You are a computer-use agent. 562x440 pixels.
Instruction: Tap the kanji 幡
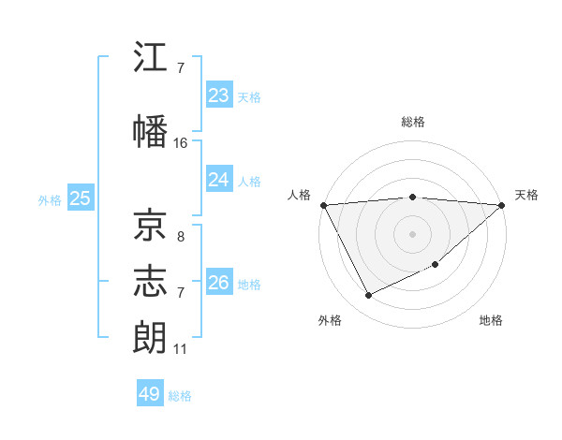click(x=150, y=131)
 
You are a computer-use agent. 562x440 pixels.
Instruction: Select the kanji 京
click(x=150, y=225)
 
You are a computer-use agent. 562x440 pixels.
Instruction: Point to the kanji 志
click(x=150, y=281)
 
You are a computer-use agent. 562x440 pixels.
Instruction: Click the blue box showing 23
click(x=219, y=95)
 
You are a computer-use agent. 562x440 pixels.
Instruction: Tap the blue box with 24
click(x=219, y=180)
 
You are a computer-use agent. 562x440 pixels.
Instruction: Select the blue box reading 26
click(x=219, y=283)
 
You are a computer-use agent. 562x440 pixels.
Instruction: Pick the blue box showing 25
click(x=80, y=198)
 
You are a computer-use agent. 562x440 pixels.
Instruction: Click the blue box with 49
click(x=150, y=394)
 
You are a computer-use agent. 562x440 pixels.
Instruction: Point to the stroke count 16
click(x=181, y=143)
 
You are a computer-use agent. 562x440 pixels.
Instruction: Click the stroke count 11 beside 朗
click(x=180, y=349)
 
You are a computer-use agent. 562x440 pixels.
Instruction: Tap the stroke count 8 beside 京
click(x=180, y=237)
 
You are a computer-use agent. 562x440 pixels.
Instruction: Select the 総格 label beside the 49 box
click(x=181, y=396)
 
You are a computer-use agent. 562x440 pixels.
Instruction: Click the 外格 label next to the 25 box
click(x=50, y=199)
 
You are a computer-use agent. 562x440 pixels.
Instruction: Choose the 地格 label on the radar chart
click(x=491, y=320)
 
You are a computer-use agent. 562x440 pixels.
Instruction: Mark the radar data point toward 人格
click(x=323, y=205)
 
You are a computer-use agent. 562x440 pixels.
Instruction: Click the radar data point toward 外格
click(x=368, y=296)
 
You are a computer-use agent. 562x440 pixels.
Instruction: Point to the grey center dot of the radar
click(x=412, y=233)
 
